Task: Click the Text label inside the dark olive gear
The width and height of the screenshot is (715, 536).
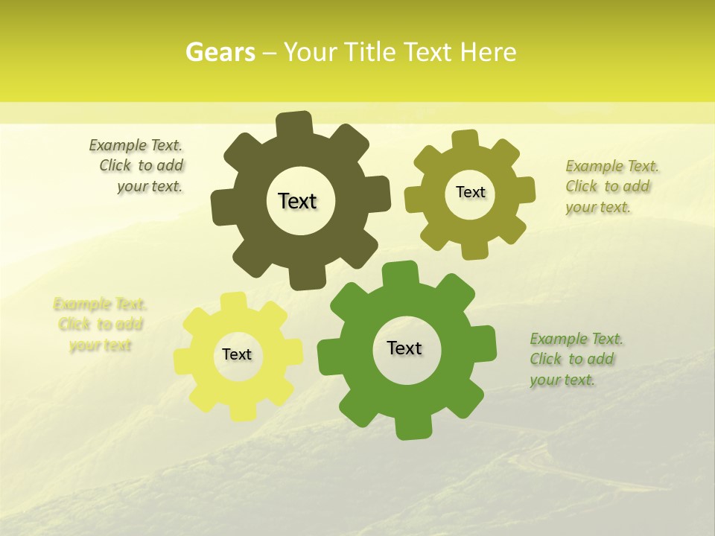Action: [298, 201]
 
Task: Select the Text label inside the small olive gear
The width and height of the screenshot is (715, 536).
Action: [470, 192]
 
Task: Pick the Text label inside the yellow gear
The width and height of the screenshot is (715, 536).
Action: [237, 354]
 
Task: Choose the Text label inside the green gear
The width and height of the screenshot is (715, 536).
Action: [404, 348]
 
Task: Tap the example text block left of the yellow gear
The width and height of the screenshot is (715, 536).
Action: [101, 325]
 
